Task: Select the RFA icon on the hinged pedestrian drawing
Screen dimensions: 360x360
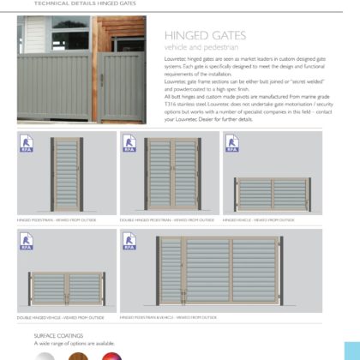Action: click(x=26, y=143)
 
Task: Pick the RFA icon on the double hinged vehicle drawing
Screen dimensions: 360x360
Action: click(x=26, y=242)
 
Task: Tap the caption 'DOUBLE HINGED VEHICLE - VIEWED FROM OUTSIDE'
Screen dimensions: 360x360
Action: click(x=60, y=317)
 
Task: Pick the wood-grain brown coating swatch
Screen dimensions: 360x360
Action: click(x=77, y=354)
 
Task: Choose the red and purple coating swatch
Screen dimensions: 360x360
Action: click(x=111, y=354)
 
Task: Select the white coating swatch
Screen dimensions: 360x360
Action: click(x=44, y=354)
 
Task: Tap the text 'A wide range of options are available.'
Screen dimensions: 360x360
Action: click(x=74, y=343)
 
